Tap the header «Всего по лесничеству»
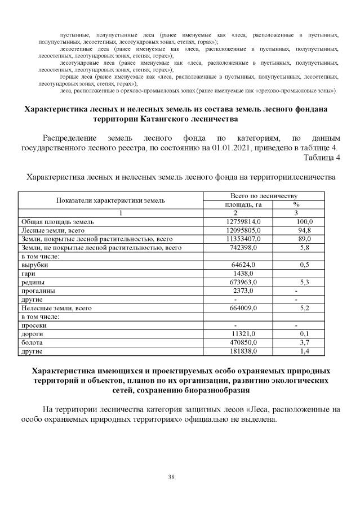pyautogui.click(x=264, y=196)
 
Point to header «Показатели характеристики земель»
pyautogui.click(x=110, y=200)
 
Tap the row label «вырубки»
pyautogui.click(x=34, y=265)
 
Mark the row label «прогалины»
pyautogui.click(x=38, y=291)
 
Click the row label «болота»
pyautogui.click(x=32, y=342)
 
